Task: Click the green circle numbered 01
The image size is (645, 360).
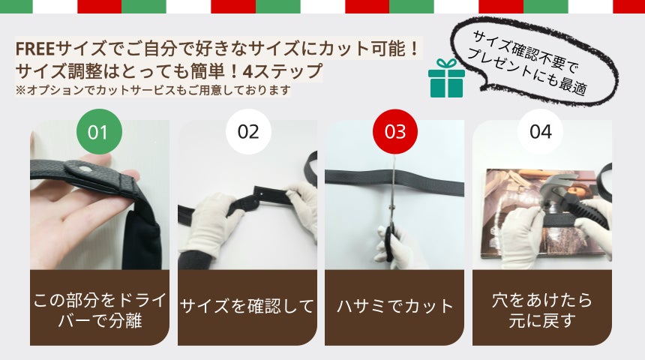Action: coord(99,132)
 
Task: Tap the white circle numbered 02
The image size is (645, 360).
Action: coord(248,132)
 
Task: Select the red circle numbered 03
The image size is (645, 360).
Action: coord(395,132)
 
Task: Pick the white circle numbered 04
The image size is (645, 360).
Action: coord(541,132)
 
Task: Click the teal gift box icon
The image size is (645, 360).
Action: coord(446,78)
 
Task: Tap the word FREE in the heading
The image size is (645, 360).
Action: coord(35,49)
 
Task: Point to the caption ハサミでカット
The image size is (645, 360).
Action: coord(395,307)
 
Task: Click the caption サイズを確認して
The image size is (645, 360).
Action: coord(247,307)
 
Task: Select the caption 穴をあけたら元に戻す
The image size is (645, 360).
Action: coord(541,310)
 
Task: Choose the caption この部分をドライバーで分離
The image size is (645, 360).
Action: coord(100,310)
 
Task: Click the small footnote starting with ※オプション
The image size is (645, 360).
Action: coord(153,90)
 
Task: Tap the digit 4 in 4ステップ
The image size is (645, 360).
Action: coord(247,71)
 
